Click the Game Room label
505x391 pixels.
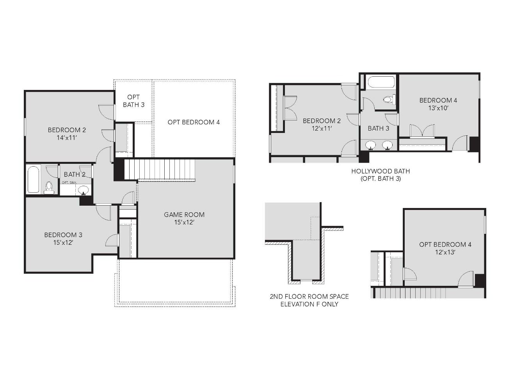(184, 214)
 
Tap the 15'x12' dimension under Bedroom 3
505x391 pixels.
(63, 242)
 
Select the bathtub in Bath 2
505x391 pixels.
(33, 179)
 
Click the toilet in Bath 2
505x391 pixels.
(49, 187)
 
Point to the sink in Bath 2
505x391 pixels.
(83, 190)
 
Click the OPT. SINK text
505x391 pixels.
(69, 183)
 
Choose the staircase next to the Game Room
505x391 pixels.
(160, 169)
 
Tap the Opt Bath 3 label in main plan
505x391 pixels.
(133, 101)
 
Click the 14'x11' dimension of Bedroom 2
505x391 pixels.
(67, 137)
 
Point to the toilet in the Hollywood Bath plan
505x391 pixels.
(388, 100)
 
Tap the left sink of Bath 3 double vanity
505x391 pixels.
(370, 145)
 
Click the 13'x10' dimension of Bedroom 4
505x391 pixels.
(438, 108)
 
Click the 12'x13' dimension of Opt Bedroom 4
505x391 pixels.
(445, 252)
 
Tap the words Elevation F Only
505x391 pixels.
(309, 304)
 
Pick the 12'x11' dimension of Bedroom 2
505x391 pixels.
(322, 128)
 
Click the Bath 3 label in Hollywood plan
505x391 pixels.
(378, 128)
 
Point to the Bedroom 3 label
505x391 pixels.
(63, 235)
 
